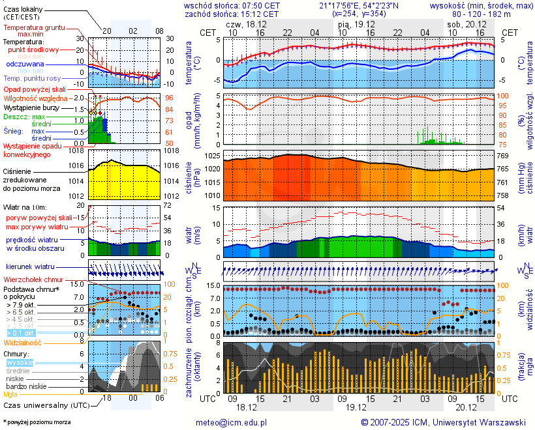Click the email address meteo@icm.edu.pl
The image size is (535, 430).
pos(232,422)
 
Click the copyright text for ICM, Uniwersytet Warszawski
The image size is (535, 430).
pos(444,422)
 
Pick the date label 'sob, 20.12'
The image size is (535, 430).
pos(464,23)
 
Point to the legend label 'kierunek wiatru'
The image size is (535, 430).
pos(30,267)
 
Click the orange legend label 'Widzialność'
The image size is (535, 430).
pos(23,342)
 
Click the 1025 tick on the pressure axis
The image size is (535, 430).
pos(211,156)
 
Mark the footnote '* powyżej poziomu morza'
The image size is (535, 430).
pos(37,422)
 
